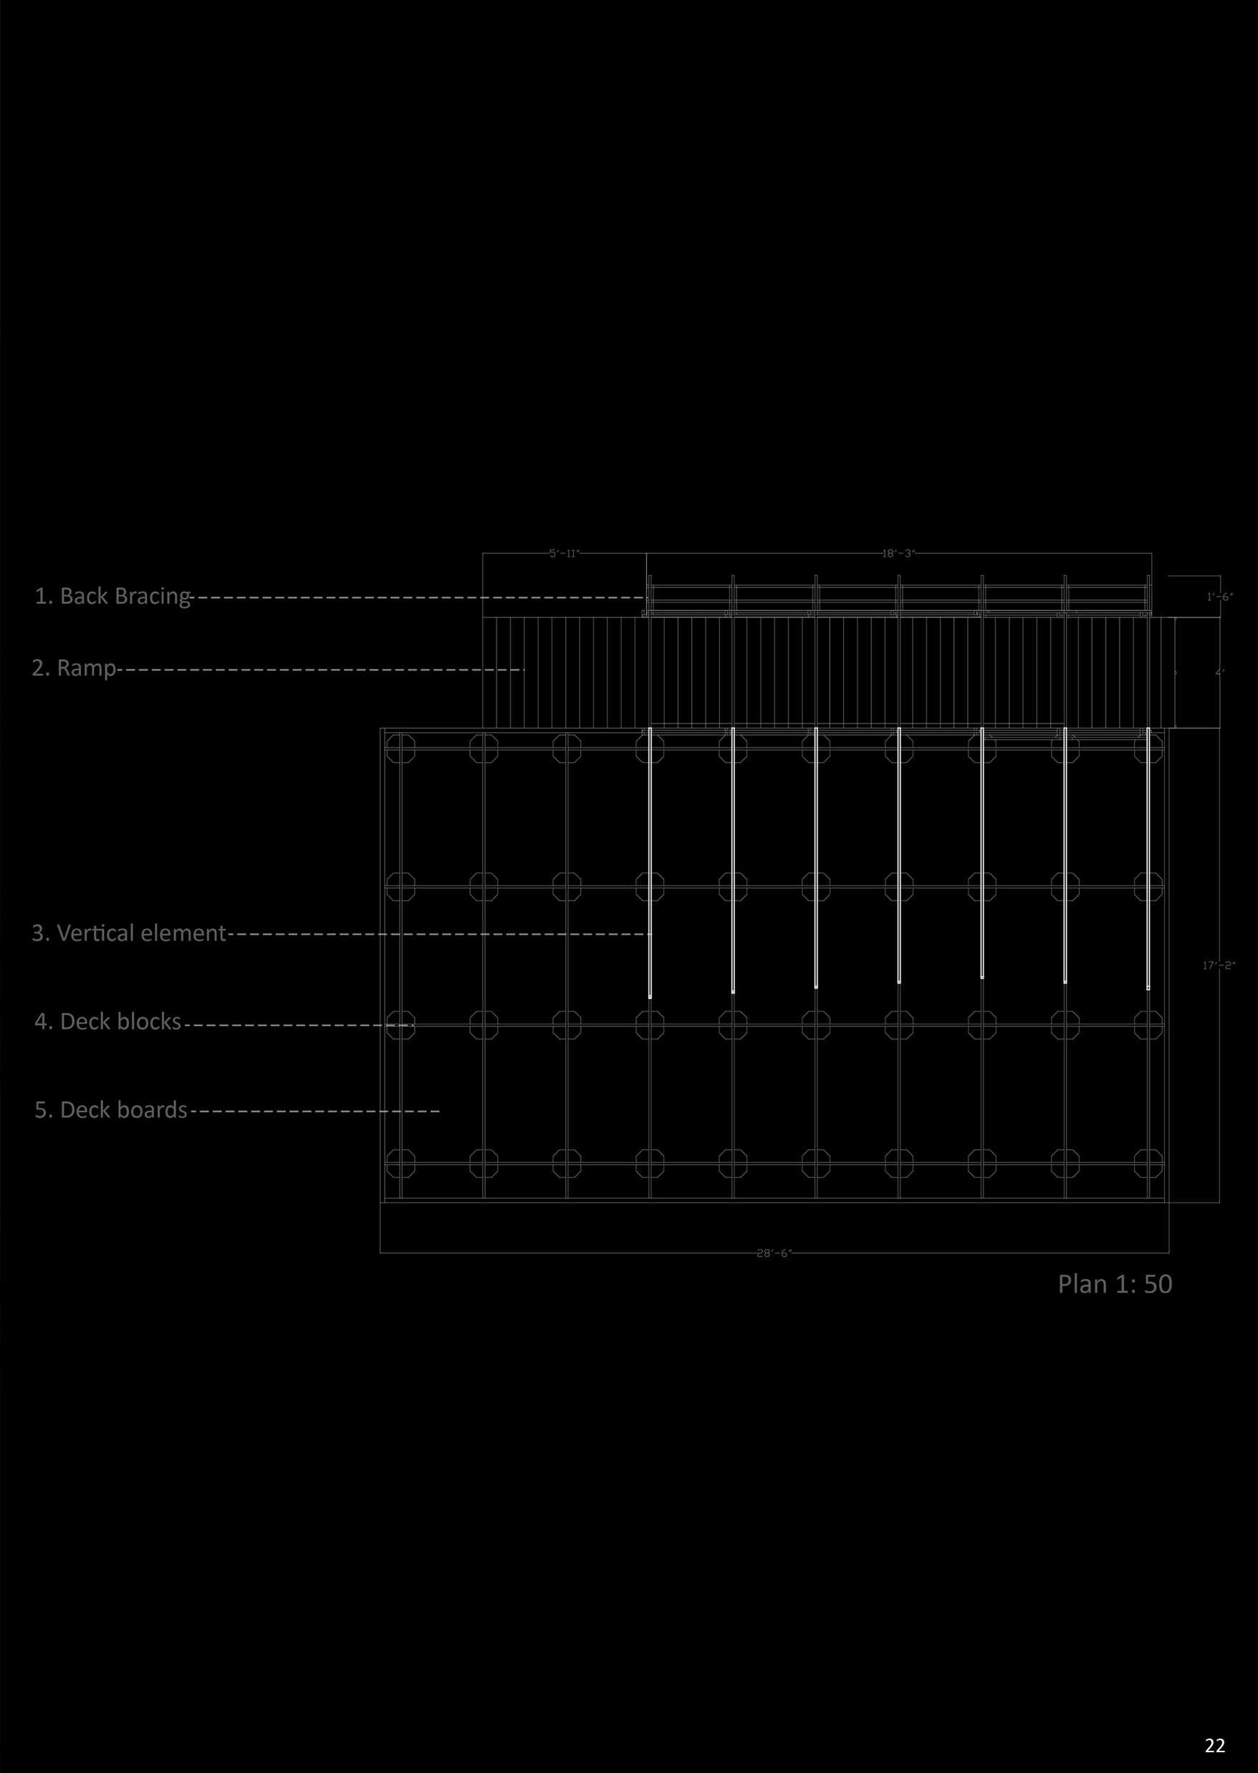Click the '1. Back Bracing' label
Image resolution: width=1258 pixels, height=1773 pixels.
click(x=112, y=597)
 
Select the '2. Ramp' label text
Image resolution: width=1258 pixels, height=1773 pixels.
click(x=74, y=668)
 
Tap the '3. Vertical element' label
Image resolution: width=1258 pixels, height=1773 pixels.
click(x=128, y=933)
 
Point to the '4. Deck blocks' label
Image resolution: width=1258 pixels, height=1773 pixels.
click(x=107, y=1022)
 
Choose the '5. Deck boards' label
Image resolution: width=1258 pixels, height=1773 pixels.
click(x=111, y=1110)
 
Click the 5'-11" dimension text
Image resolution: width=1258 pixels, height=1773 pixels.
click(x=564, y=554)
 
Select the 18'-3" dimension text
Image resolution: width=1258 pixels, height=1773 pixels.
click(x=898, y=554)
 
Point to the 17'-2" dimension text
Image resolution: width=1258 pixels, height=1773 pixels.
click(x=1219, y=965)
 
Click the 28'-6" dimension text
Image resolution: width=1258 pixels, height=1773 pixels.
click(x=774, y=1253)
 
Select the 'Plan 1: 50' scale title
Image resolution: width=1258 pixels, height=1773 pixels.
click(x=1115, y=1284)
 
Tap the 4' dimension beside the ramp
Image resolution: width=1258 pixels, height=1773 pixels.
click(x=1219, y=673)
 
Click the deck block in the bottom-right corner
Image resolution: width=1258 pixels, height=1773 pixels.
click(x=1148, y=1163)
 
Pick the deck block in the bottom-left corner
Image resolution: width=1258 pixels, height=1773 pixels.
click(x=400, y=1163)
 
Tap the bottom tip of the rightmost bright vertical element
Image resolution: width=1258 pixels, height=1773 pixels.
click(x=1148, y=989)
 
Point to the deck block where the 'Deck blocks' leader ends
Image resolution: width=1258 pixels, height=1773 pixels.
click(x=400, y=1026)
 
